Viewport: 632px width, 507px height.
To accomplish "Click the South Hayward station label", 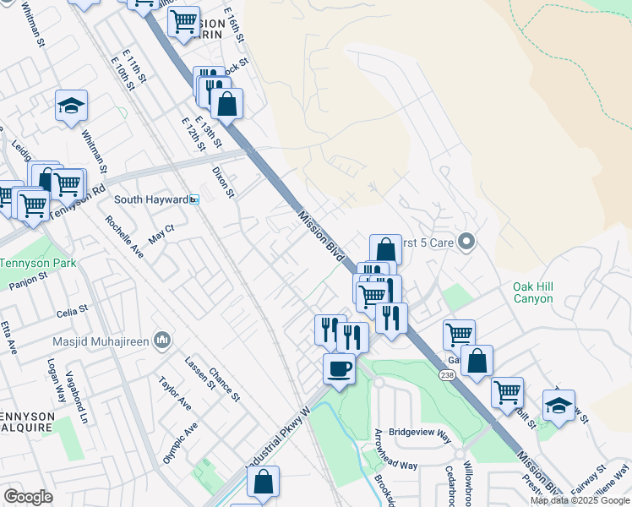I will (x=150, y=199).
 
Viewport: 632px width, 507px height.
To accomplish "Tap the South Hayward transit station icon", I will (x=194, y=199).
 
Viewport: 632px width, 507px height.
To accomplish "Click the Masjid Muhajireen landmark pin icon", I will (x=163, y=341).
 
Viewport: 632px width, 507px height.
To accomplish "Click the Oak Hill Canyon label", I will (x=532, y=292).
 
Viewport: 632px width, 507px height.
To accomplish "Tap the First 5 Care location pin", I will (x=467, y=243).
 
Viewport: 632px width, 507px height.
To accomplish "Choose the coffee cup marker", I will (x=339, y=369).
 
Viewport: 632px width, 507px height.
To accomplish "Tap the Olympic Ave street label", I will (x=181, y=443).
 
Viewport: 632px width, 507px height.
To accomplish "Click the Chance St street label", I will (x=225, y=384).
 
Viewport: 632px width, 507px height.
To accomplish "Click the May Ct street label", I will (x=161, y=234).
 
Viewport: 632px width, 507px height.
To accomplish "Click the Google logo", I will (x=28, y=497).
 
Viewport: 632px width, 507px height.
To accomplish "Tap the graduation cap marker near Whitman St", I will (x=72, y=106).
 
